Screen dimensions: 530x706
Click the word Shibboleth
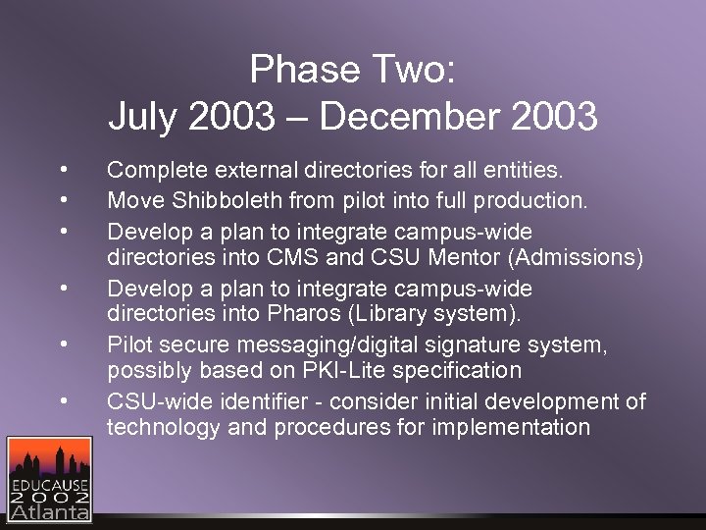click(219, 201)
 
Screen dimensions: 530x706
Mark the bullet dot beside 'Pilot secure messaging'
click(62, 344)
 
